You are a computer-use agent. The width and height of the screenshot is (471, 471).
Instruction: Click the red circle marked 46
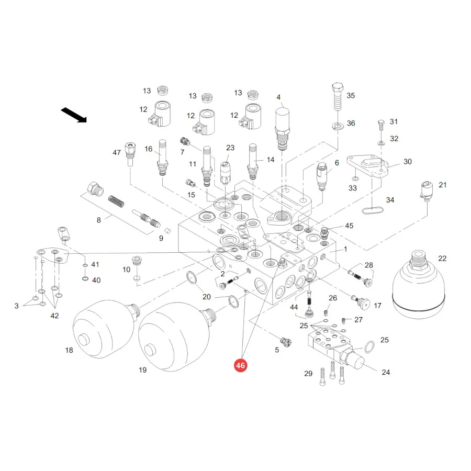pyautogui.click(x=240, y=365)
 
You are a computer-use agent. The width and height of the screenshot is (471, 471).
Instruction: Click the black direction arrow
pyautogui.click(x=74, y=115)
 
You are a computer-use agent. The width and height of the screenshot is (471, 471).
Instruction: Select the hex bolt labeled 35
pyautogui.click(x=338, y=96)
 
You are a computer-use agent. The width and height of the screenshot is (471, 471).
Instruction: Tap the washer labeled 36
pyautogui.click(x=338, y=126)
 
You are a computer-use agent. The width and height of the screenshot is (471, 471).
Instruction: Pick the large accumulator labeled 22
pyautogui.click(x=419, y=284)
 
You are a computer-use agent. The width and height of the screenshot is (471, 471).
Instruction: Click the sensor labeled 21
pyautogui.click(x=426, y=190)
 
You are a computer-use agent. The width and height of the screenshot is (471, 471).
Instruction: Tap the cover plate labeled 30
pyautogui.click(x=367, y=166)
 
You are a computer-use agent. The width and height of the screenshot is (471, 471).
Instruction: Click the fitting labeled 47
pyautogui.click(x=130, y=154)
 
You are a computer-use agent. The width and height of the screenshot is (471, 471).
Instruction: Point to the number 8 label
pyautogui.click(x=98, y=220)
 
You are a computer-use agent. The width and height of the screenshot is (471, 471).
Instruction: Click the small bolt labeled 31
pyautogui.click(x=381, y=125)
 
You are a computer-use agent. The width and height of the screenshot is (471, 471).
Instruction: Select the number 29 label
pyautogui.click(x=308, y=373)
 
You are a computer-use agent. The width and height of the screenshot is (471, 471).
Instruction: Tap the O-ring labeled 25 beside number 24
pyautogui.click(x=369, y=347)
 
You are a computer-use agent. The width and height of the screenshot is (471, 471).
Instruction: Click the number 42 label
pyautogui.click(x=54, y=316)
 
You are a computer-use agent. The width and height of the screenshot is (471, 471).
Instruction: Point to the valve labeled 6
pyautogui.click(x=321, y=176)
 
